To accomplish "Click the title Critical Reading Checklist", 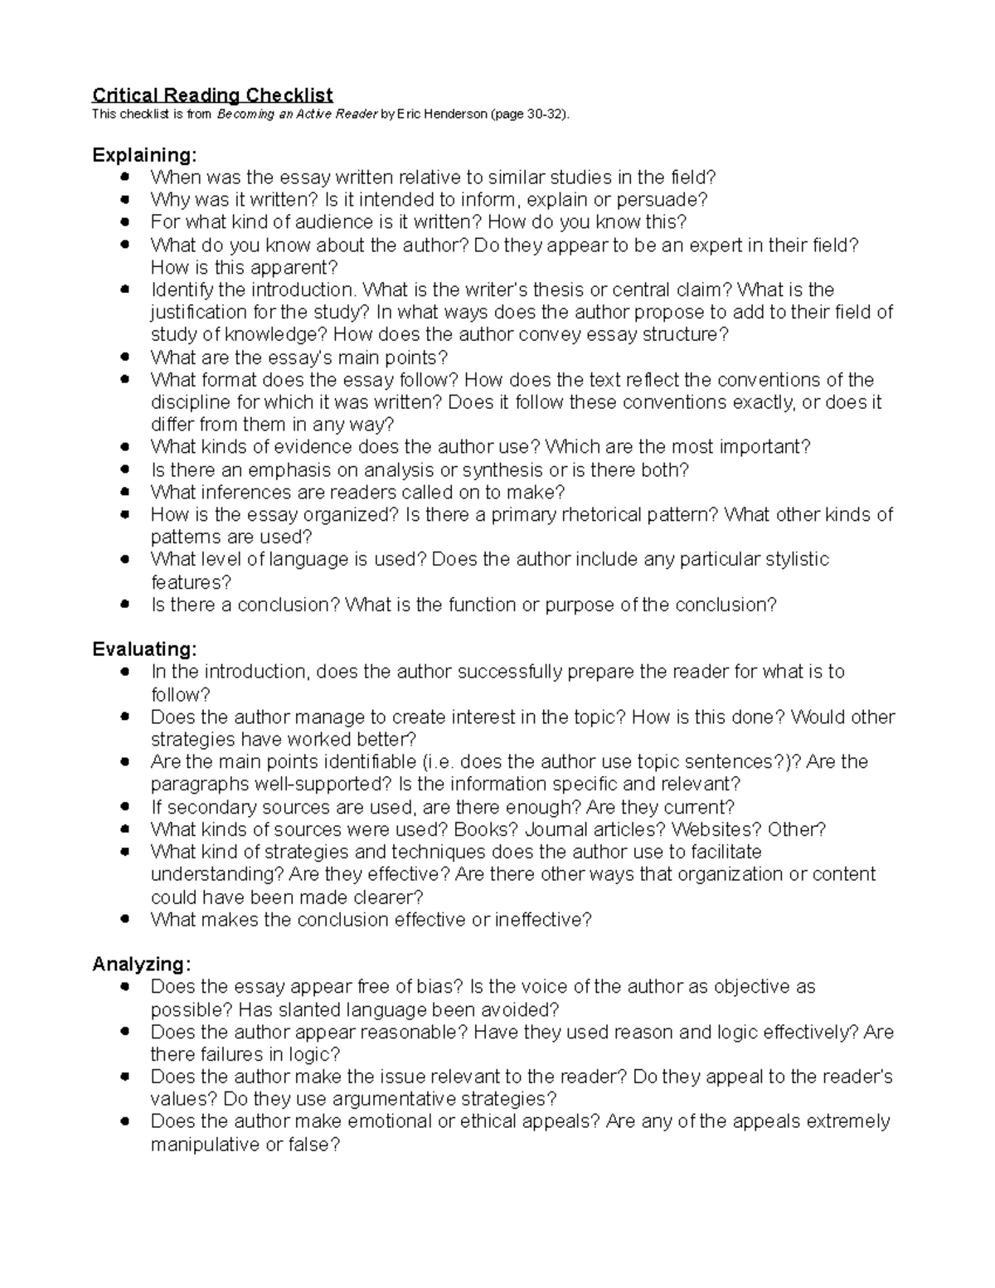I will click(x=212, y=95).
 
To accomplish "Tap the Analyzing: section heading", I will click(x=142, y=965).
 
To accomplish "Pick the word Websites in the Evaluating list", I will click(x=716, y=829).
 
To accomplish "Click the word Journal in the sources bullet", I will click(x=556, y=829).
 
